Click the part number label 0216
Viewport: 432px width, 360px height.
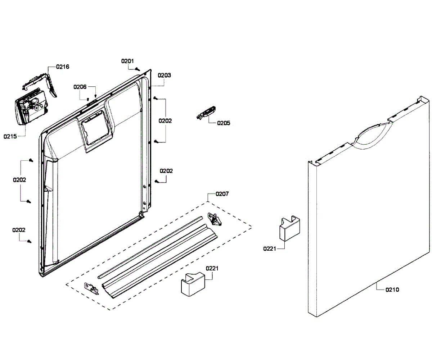(x=63, y=67)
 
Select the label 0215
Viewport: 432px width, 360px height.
(x=10, y=136)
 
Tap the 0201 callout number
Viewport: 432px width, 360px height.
(x=127, y=61)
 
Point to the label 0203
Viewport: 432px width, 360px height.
(x=165, y=76)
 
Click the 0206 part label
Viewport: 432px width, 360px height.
(x=80, y=87)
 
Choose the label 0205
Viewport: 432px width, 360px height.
(x=223, y=123)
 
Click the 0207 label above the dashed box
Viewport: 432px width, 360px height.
(x=222, y=194)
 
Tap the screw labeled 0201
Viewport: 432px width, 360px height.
(x=138, y=69)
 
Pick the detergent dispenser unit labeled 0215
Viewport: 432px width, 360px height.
(x=31, y=108)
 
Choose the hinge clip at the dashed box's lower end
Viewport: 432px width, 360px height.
(x=91, y=288)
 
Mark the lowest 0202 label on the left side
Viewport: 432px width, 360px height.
(x=19, y=230)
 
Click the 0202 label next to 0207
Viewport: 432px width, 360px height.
(x=166, y=171)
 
